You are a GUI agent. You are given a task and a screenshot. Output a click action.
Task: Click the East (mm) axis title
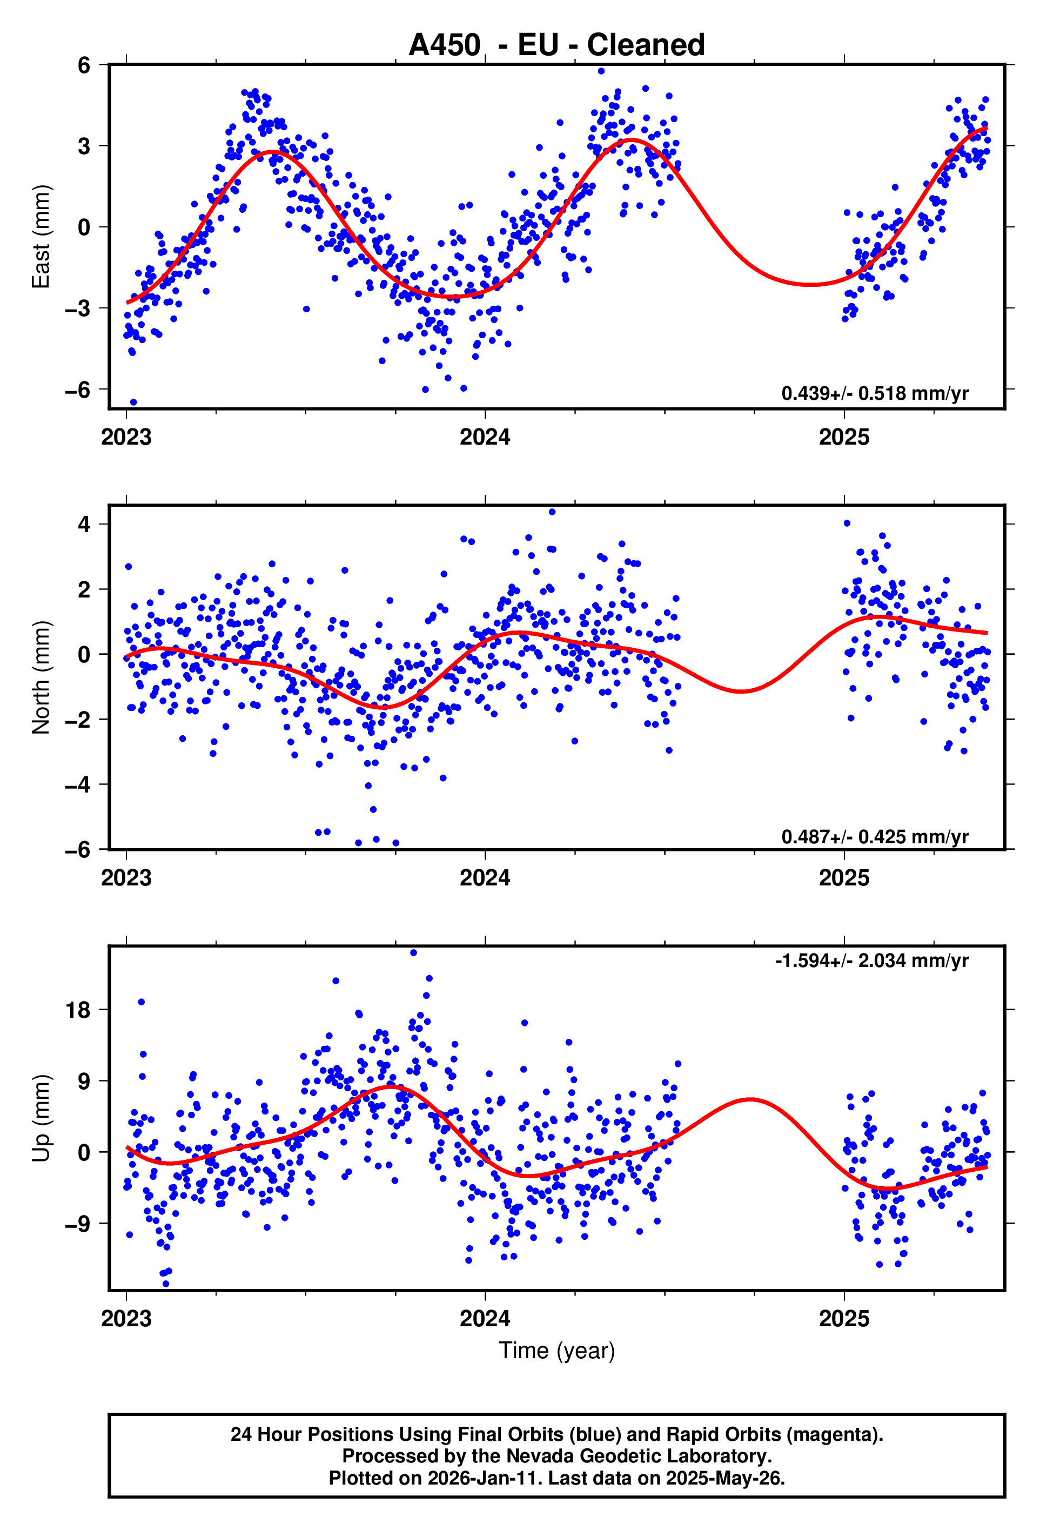(41, 237)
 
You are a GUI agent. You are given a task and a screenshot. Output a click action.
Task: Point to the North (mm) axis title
(41, 677)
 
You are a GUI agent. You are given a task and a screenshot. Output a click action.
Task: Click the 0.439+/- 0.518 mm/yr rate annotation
(874, 393)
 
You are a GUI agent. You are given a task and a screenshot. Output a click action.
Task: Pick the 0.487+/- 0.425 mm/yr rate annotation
(874, 837)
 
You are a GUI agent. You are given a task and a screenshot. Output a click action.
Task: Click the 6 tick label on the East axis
(84, 65)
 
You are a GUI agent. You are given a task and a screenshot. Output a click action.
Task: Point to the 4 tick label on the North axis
(84, 525)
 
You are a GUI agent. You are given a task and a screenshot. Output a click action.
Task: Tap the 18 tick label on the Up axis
(77, 1010)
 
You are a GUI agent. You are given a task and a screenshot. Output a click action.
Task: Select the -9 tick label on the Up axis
(77, 1224)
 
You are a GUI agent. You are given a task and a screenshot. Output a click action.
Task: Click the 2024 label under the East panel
(485, 438)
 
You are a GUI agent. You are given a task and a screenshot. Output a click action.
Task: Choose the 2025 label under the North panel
(843, 878)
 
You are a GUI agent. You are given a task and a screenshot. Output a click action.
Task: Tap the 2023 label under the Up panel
(126, 1319)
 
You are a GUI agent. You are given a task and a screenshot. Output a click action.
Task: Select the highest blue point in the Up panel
(413, 952)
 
